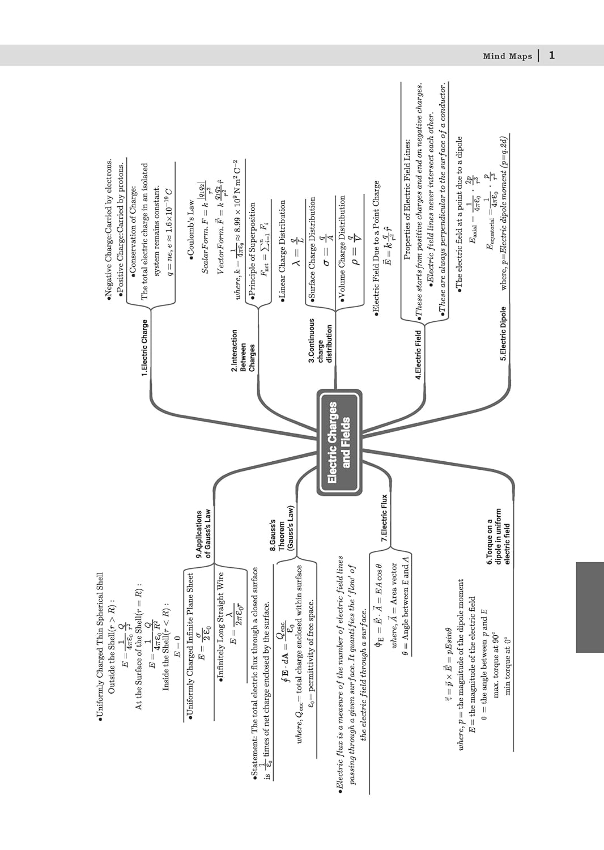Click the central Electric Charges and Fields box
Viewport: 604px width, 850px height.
click(339, 442)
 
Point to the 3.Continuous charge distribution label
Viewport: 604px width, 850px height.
click(320, 340)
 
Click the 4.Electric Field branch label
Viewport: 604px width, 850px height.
click(418, 351)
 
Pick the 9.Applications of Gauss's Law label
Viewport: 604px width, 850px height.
click(203, 534)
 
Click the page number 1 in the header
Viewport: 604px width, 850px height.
click(552, 55)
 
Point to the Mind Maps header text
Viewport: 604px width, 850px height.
click(507, 56)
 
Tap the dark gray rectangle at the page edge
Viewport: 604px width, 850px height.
click(589, 607)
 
